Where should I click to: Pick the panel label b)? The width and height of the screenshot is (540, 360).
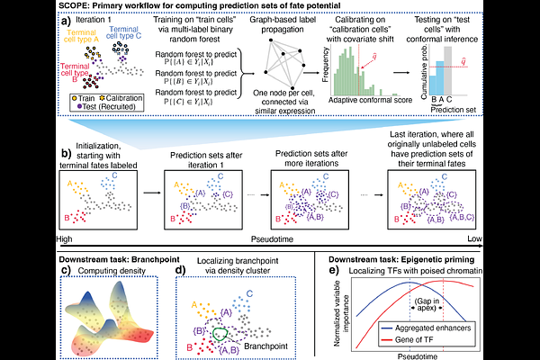12,155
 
